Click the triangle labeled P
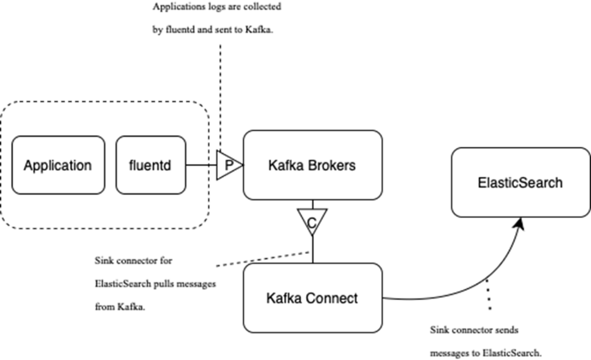(x=228, y=165)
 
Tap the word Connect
(x=333, y=298)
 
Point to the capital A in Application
(x=28, y=165)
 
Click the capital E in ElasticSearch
(x=481, y=183)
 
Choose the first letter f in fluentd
(x=132, y=165)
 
